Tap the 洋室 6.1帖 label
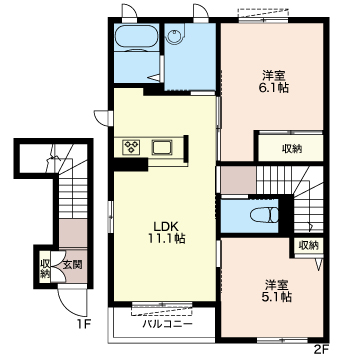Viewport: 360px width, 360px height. tap(275, 82)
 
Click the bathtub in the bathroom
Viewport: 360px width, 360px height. tap(137, 37)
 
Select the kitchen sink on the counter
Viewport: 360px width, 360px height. tap(162, 147)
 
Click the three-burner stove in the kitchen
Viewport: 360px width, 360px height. tap(131, 147)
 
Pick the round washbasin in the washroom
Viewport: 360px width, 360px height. tap(173, 36)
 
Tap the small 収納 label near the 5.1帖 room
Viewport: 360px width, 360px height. tap(309, 246)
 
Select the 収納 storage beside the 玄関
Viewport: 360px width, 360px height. tap(44, 268)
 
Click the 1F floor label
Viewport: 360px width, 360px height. tap(82, 323)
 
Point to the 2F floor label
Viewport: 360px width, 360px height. tap(321, 349)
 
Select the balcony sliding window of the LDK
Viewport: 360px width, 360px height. tap(162, 304)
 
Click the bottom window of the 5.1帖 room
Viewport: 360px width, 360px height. tap(282, 340)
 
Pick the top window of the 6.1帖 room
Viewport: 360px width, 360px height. tap(263, 20)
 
